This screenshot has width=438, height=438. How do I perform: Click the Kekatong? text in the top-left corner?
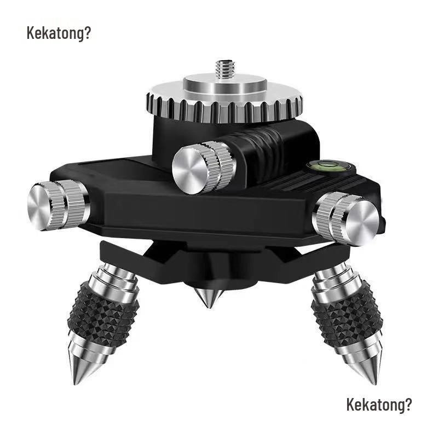point(59,33)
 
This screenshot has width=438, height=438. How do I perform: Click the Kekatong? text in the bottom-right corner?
point(379,406)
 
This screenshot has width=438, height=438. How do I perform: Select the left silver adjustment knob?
point(57,203)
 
